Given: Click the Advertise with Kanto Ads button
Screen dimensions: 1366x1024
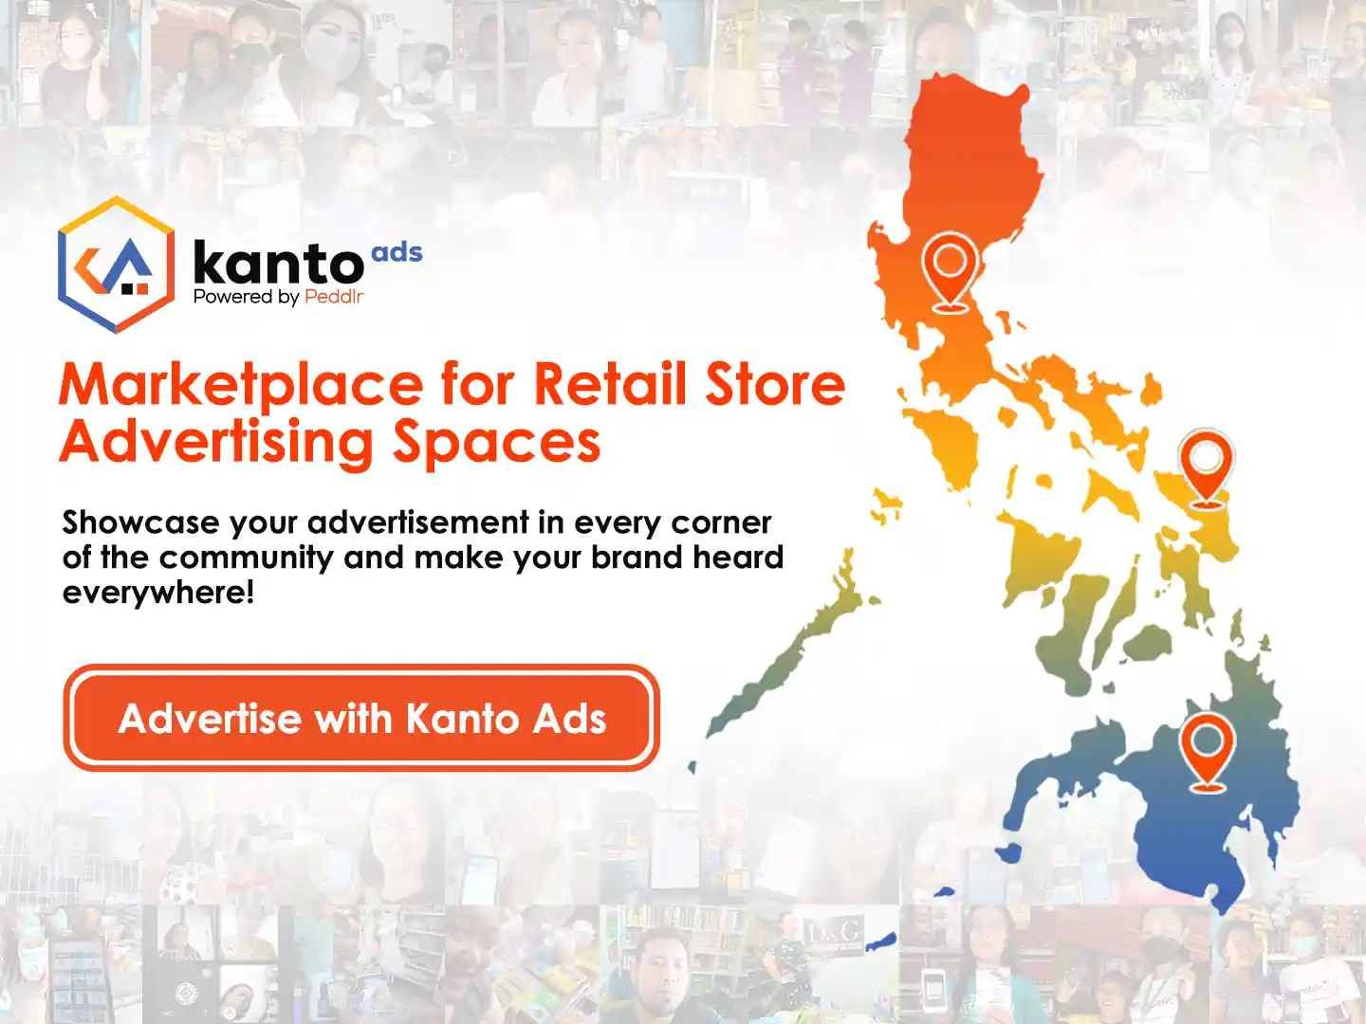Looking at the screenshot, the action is coord(361,718).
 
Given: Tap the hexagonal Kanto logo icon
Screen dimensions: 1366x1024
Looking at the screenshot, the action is coord(117,265).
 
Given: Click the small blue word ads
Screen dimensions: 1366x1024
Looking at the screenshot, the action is coord(397,252).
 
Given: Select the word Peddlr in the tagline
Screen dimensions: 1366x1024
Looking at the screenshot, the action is coord(334,297).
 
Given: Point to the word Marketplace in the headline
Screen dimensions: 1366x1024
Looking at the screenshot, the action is coord(242,386).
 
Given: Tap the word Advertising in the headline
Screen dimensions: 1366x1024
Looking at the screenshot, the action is coord(216,444).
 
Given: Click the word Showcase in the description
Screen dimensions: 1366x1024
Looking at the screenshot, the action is coord(140,521).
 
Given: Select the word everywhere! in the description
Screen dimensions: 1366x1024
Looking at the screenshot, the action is coord(158,592).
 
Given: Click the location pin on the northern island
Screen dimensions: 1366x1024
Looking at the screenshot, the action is coord(950,272).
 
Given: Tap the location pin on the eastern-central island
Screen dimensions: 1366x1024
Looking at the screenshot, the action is coord(1206,468).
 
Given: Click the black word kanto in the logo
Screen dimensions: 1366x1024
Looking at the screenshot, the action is coord(278,263).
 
